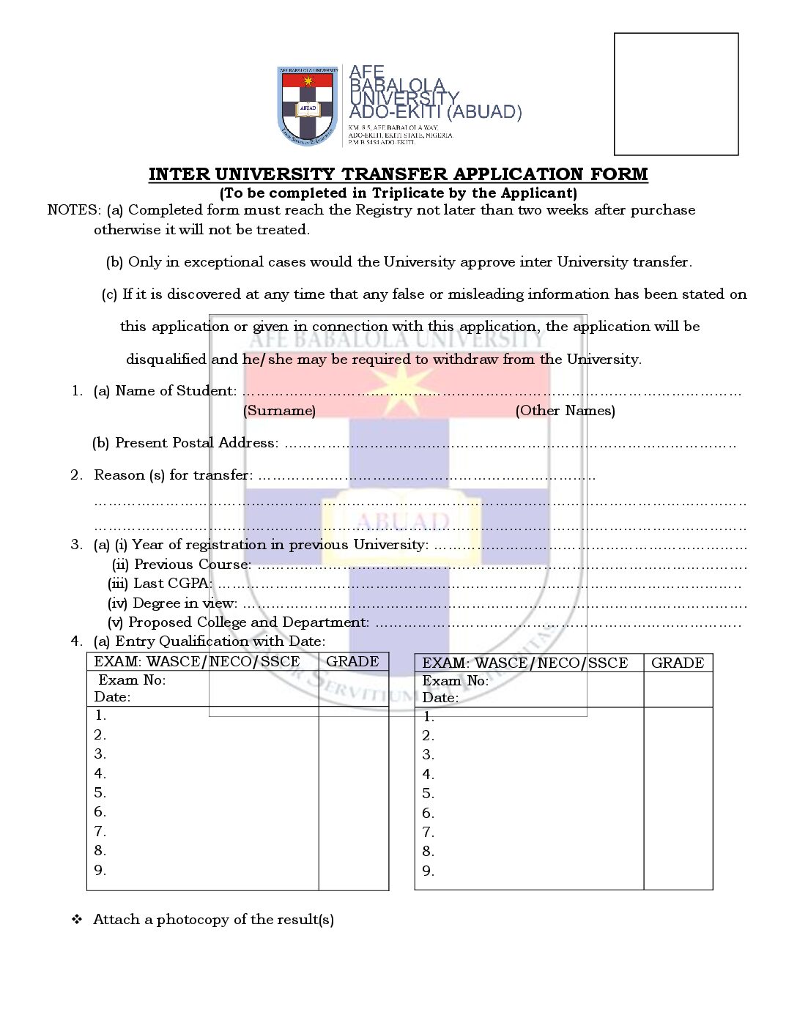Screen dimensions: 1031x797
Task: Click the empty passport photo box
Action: pyautogui.click(x=675, y=94)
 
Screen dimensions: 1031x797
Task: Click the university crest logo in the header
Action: pyautogui.click(x=308, y=105)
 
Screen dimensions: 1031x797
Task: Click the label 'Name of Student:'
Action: pyautogui.click(x=176, y=391)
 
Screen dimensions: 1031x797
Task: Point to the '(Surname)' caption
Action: pyautogui.click(x=279, y=411)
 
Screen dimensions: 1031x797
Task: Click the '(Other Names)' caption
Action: pyautogui.click(x=565, y=411)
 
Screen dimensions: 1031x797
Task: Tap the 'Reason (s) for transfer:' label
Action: pyautogui.click(x=173, y=475)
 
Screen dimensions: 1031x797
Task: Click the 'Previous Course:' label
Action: pyautogui.click(x=192, y=565)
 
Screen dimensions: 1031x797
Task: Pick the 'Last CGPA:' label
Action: pyautogui.click(x=172, y=584)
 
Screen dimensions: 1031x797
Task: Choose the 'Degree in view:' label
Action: pyautogui.click(x=185, y=603)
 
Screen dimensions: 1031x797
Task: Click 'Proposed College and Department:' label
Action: pyautogui.click(x=248, y=622)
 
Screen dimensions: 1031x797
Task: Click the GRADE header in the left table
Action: pyautogui.click(x=352, y=662)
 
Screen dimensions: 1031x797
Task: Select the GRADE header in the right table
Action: pyautogui.click(x=677, y=663)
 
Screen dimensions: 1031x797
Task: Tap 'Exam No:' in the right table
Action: pyautogui.click(x=455, y=681)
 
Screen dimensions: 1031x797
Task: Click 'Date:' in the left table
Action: pyautogui.click(x=112, y=697)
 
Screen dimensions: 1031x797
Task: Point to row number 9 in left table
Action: pyautogui.click(x=100, y=870)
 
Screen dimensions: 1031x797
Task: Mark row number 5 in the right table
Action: pyautogui.click(x=429, y=794)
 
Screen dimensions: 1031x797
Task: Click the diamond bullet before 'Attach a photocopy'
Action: pyautogui.click(x=77, y=920)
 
